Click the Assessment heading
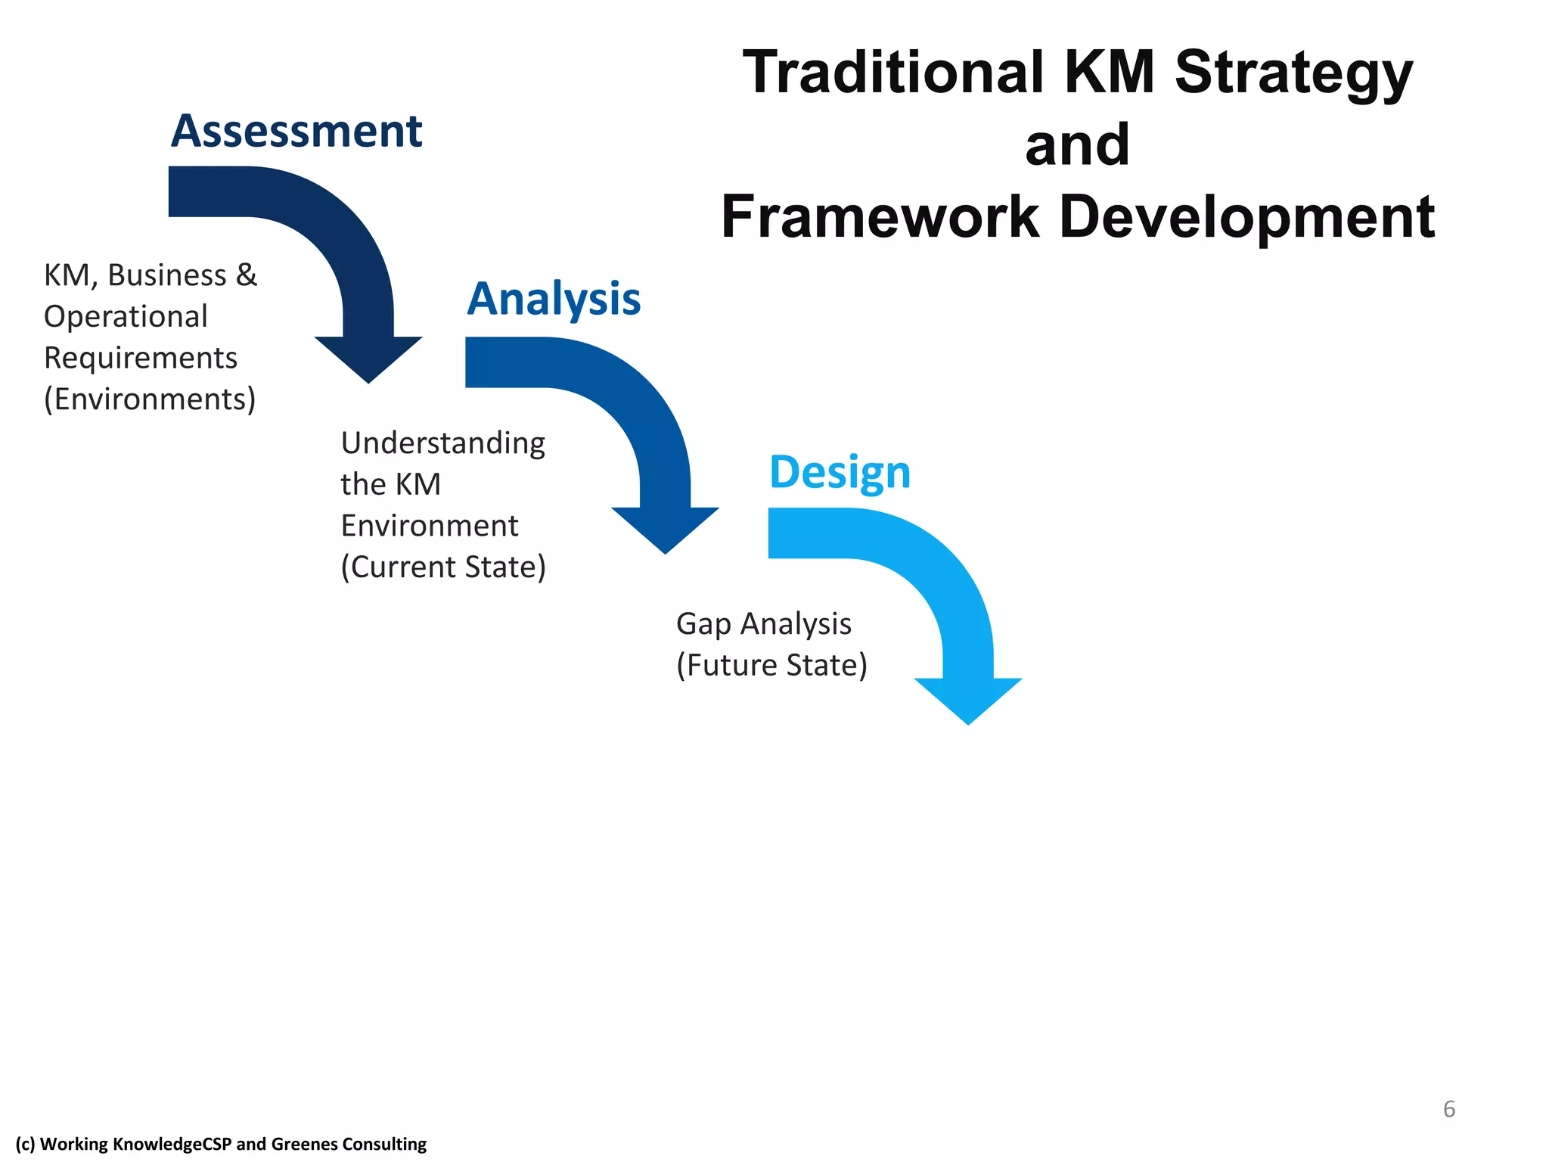pos(296,132)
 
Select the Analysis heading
pos(554,299)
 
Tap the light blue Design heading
pos(840,472)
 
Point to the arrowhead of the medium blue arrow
pos(665,529)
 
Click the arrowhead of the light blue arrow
pos(968,700)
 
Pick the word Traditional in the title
pos(892,73)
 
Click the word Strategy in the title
pos(1293,73)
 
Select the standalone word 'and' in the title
pos(1077,144)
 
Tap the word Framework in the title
pos(880,217)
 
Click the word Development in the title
pos(1246,217)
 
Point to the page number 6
pos(1448,1109)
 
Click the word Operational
pos(126,317)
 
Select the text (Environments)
pos(150,399)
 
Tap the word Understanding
pos(442,443)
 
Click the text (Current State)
pos(443,567)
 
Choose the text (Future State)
pos(771,666)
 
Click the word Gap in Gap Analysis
pos(703,625)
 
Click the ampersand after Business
pos(247,275)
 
